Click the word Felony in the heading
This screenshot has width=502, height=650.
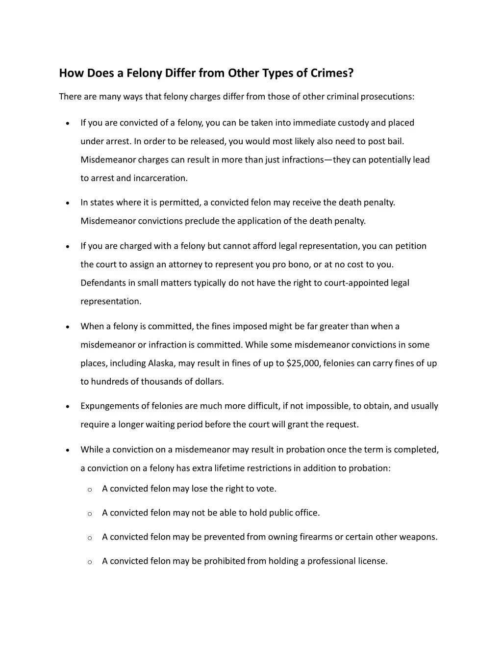point(144,73)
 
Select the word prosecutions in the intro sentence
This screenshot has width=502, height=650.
point(387,96)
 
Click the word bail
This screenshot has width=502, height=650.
point(396,141)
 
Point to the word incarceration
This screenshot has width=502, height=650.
point(160,178)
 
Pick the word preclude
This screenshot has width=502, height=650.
point(202,221)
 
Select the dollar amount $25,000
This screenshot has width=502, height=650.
point(303,364)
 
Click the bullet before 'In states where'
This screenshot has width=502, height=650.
point(67,203)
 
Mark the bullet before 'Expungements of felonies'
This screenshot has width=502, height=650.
point(67,407)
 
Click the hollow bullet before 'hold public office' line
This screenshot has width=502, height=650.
point(90,514)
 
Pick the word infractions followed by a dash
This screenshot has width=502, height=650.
point(302,160)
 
